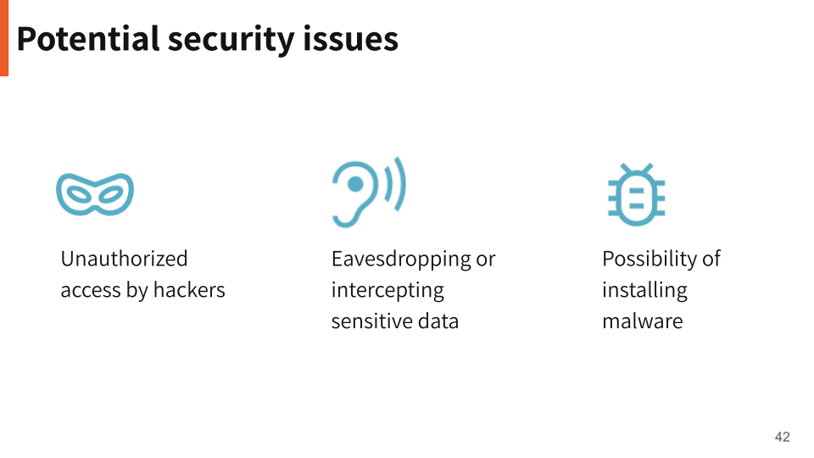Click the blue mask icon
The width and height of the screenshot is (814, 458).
95,193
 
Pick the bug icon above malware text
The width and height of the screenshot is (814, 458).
636,194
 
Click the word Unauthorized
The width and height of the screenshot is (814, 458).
124,259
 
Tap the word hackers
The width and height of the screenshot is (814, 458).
189,290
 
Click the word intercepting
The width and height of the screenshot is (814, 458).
387,290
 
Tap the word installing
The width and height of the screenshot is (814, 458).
644,290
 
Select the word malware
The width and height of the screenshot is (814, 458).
642,321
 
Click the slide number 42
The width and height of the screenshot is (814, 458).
782,437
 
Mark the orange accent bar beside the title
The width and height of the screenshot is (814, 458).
4,38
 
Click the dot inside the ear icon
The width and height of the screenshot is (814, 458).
356,183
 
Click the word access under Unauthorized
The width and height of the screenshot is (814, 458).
91,290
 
